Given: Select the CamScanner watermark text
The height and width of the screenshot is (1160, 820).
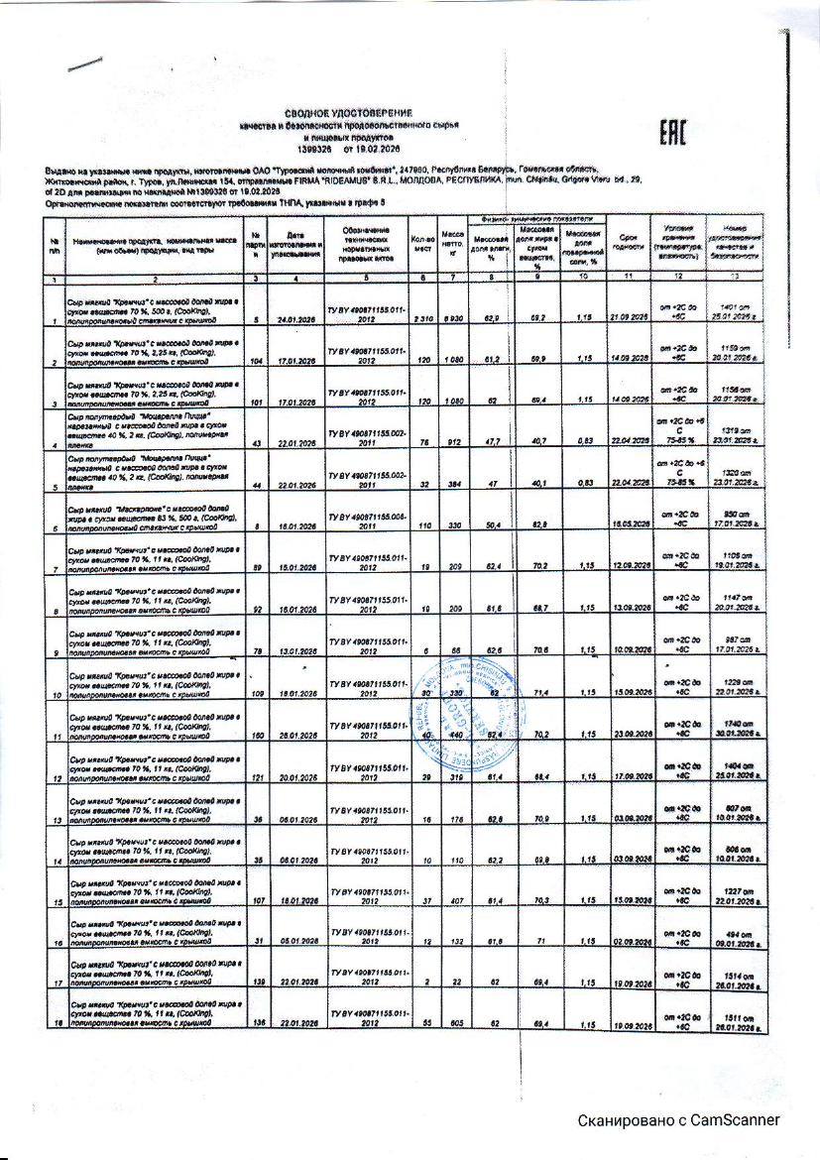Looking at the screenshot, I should (x=680, y=1121).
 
